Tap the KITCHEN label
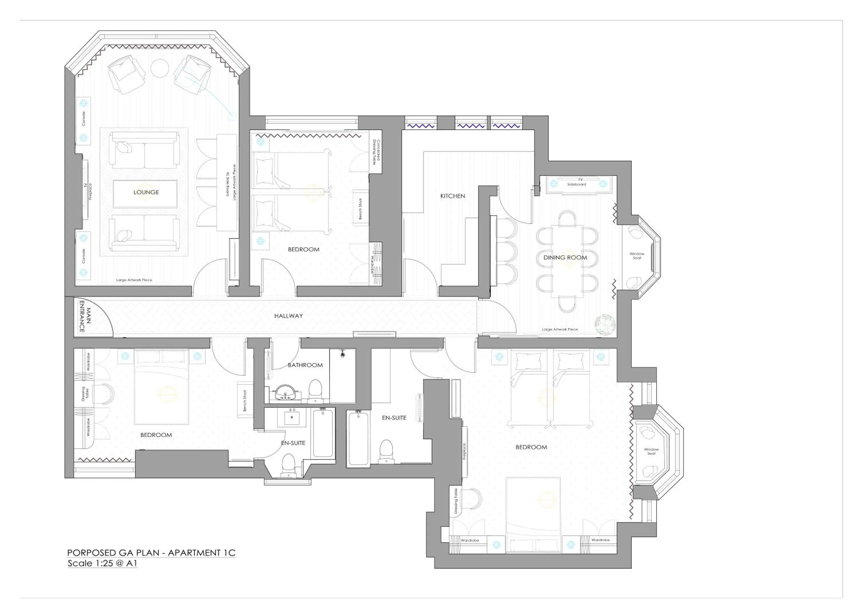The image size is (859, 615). [x=453, y=196]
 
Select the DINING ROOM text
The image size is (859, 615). [x=565, y=257]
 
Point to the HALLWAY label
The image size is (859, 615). [x=289, y=316]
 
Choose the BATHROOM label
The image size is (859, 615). [x=305, y=365]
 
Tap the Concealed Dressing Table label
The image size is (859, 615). [x=376, y=151]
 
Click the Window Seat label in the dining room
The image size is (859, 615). [x=637, y=256]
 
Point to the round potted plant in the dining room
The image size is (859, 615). [x=605, y=325]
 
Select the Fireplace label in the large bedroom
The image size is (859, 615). [x=465, y=452]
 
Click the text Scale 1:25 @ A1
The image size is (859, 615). [x=102, y=563]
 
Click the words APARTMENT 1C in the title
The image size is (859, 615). [x=202, y=553]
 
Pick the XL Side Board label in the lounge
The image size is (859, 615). [x=228, y=184]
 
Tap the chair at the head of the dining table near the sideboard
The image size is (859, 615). [x=567, y=218]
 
